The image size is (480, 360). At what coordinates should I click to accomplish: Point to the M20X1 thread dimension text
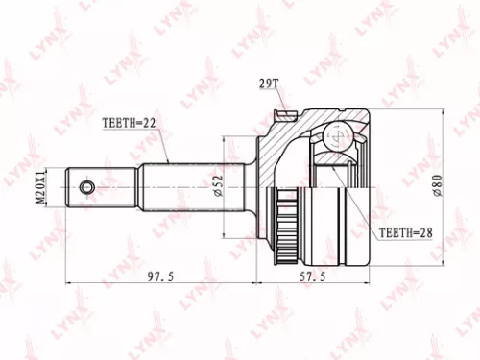point(40,186)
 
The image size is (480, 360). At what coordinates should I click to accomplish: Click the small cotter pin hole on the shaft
point(88,186)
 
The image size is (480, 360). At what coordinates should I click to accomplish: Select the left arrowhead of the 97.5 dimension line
point(69,282)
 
